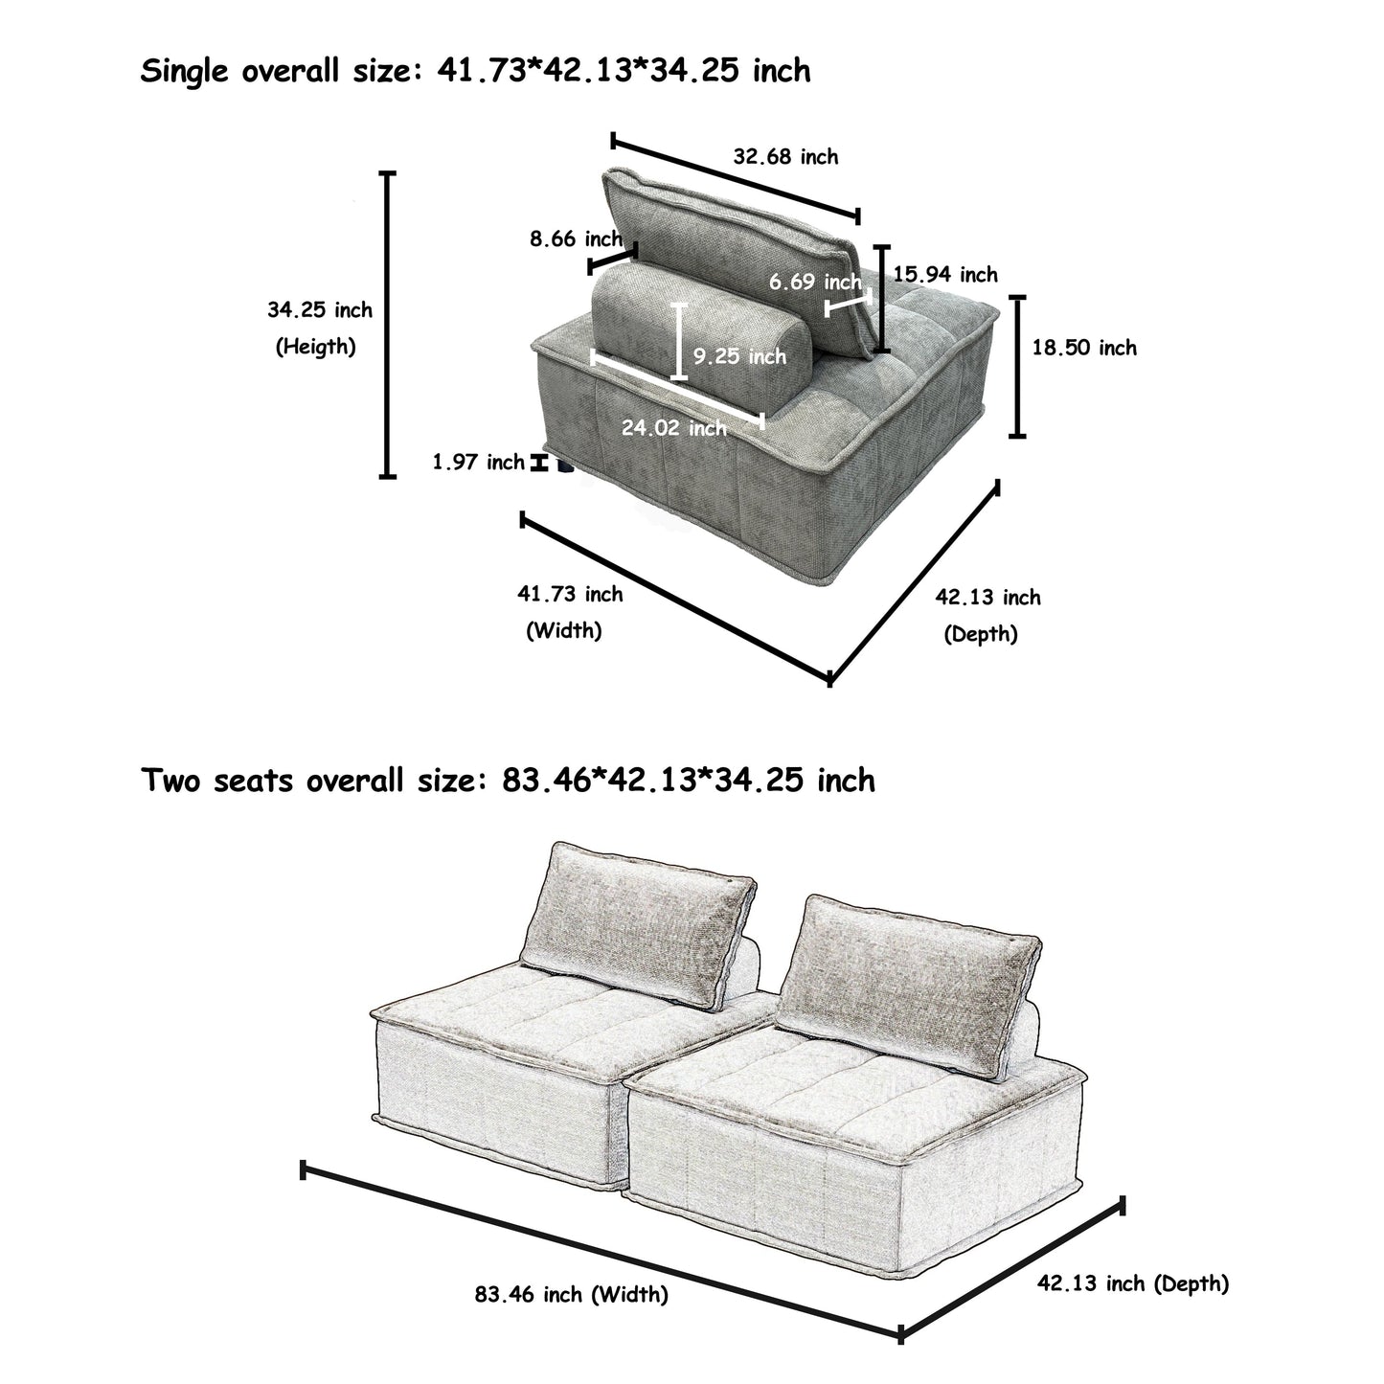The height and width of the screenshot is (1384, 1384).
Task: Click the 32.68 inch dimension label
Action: [x=785, y=157]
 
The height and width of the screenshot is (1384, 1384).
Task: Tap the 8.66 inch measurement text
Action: [x=577, y=238]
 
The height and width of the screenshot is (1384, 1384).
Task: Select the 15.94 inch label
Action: [x=945, y=275]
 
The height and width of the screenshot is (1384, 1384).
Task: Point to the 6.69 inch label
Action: [x=815, y=282]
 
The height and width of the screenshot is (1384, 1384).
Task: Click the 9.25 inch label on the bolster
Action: [x=739, y=356]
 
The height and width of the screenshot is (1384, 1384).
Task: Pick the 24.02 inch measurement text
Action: [x=673, y=428]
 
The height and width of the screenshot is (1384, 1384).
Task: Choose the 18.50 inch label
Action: [x=1083, y=348]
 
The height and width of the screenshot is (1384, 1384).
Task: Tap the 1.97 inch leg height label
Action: [x=478, y=463]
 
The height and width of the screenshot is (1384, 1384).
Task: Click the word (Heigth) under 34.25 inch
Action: [x=316, y=346]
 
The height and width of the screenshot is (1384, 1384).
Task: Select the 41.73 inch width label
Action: [x=570, y=594]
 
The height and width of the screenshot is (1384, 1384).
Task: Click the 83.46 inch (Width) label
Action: [x=571, y=1295]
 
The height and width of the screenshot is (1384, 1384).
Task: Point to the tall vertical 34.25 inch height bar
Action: [x=388, y=325]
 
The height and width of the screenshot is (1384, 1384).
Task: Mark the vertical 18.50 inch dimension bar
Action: [x=1018, y=367]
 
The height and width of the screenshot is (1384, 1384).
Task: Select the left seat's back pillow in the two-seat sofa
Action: [x=637, y=924]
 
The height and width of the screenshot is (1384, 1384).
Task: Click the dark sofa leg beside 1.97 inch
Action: [x=562, y=467]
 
